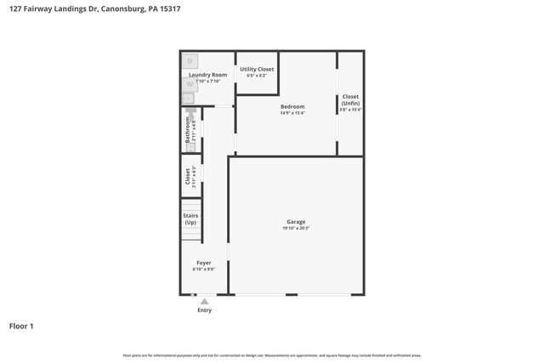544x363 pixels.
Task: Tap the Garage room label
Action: [296, 222]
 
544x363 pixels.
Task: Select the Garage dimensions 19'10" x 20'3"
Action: [296, 229]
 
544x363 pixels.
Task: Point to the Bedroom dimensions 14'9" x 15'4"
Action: [292, 112]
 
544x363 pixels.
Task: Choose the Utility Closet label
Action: [257, 69]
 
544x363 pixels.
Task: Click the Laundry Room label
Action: [207, 75]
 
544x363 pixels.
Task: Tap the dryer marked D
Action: [190, 61]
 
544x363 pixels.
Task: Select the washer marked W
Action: [190, 84]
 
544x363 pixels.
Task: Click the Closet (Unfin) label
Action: [350, 99]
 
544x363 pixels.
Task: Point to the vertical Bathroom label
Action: [188, 129]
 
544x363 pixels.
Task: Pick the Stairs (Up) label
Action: [190, 218]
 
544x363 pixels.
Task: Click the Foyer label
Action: [204, 263]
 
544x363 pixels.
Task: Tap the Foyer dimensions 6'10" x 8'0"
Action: [204, 269]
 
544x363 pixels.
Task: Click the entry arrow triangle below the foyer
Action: [204, 301]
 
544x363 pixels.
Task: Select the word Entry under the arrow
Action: [204, 310]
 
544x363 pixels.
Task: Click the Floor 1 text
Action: [21, 326]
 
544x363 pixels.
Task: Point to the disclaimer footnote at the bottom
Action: [272, 355]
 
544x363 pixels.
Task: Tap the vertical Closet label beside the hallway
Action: [188, 177]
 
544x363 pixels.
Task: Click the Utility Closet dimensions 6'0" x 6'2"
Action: [257, 76]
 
